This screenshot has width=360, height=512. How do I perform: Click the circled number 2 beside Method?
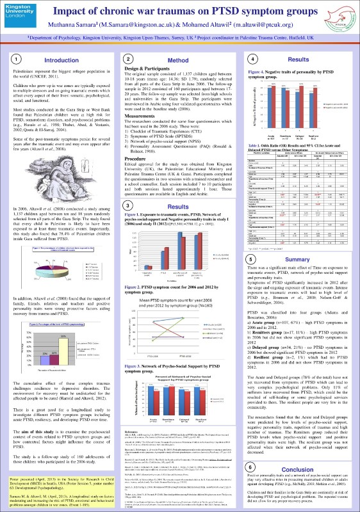click(129, 58)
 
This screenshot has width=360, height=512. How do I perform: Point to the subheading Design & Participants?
click(146, 67)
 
